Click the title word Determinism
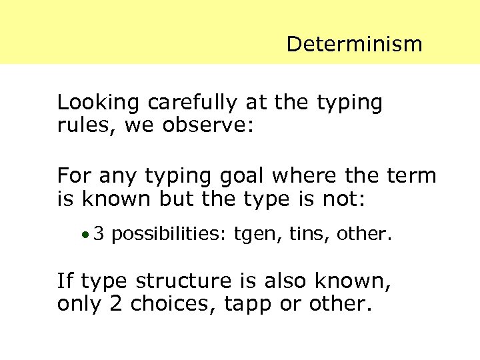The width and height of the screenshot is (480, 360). (x=354, y=45)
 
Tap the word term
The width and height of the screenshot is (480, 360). (x=411, y=177)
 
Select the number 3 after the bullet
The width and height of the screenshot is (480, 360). (x=99, y=234)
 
